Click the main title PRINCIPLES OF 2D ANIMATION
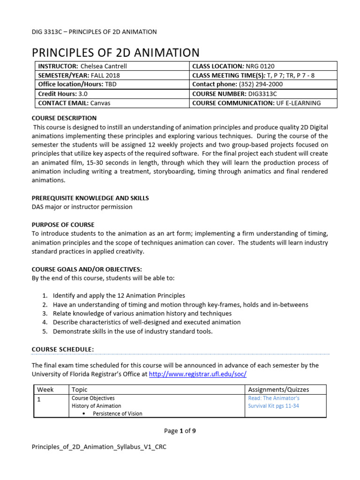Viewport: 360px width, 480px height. tap(115, 52)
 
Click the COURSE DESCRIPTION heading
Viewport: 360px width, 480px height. tap(64, 118)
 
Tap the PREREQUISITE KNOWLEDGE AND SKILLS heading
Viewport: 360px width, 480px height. tap(90, 198)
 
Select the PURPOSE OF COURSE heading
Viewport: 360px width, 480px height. tap(63, 225)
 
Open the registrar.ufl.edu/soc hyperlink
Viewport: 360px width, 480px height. tap(197, 374)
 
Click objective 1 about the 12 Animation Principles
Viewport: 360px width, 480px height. tap(119, 296)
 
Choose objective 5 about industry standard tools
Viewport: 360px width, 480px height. tap(132, 331)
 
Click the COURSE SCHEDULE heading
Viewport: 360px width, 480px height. tap(62, 349)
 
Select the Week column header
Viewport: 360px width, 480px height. tap(45, 390)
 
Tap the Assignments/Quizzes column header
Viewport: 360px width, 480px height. tap(278, 390)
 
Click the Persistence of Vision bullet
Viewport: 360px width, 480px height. tap(117, 413)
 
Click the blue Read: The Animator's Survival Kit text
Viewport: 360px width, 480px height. tap(274, 402)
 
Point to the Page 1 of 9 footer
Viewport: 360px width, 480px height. tap(180, 431)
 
